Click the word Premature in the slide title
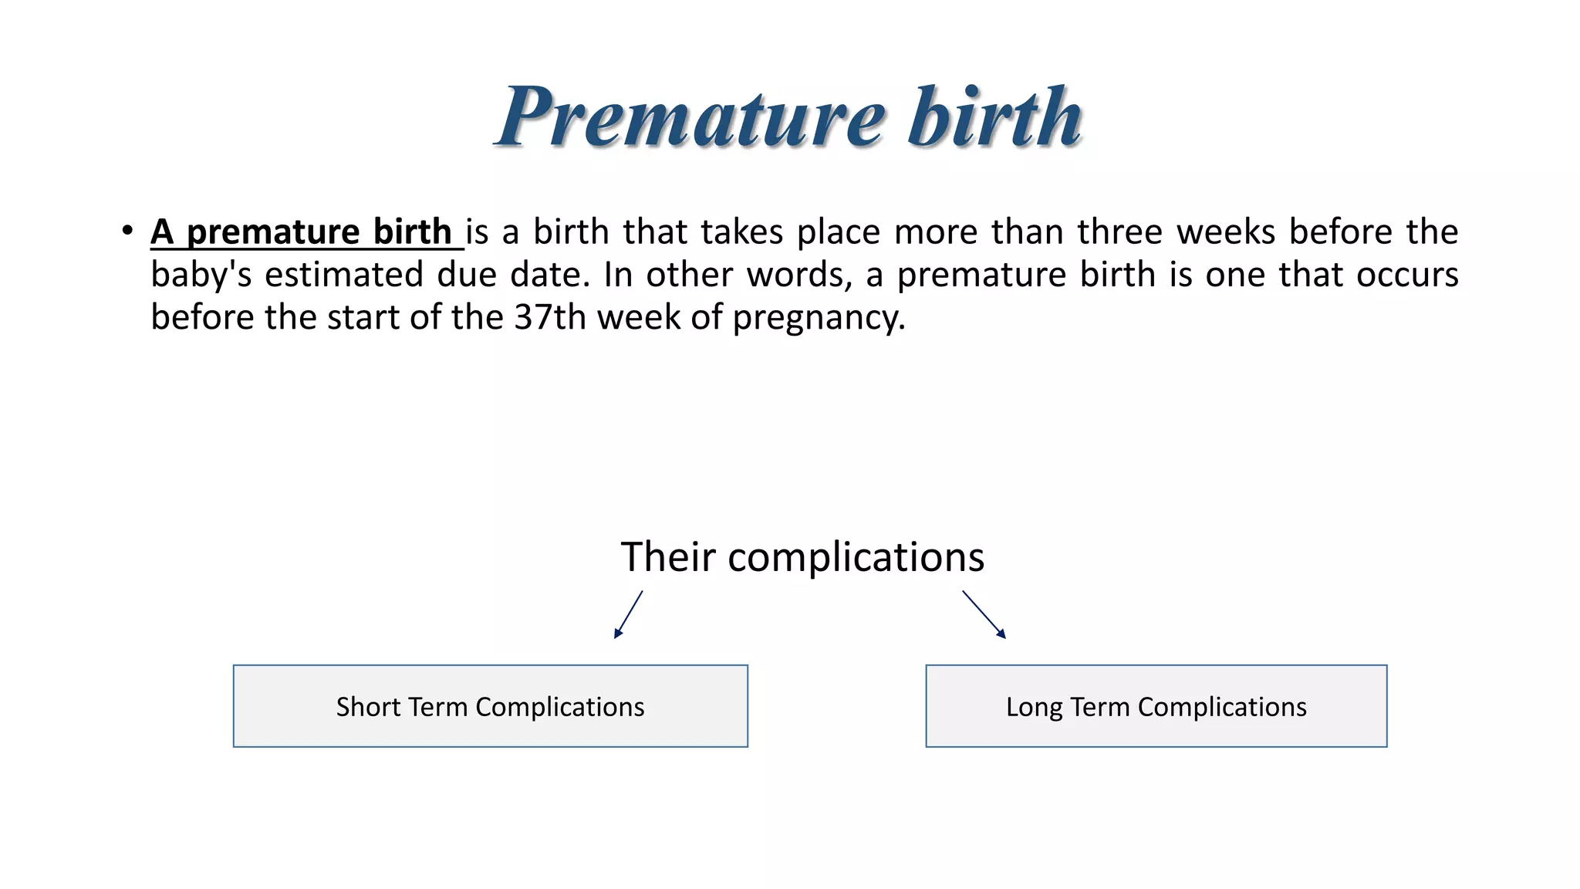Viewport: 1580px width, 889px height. [690, 117]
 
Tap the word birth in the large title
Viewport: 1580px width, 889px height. [994, 117]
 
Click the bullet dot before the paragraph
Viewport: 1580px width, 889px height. [127, 231]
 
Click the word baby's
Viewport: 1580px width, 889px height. [201, 275]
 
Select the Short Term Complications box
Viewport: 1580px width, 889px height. [490, 706]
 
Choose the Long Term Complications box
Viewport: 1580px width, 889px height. [1156, 706]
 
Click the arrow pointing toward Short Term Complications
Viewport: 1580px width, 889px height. [628, 615]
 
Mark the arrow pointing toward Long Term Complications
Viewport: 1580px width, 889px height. [984, 614]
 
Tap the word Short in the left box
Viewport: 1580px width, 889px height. [368, 707]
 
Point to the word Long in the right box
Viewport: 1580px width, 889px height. [1033, 708]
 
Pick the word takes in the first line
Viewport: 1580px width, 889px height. [741, 232]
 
